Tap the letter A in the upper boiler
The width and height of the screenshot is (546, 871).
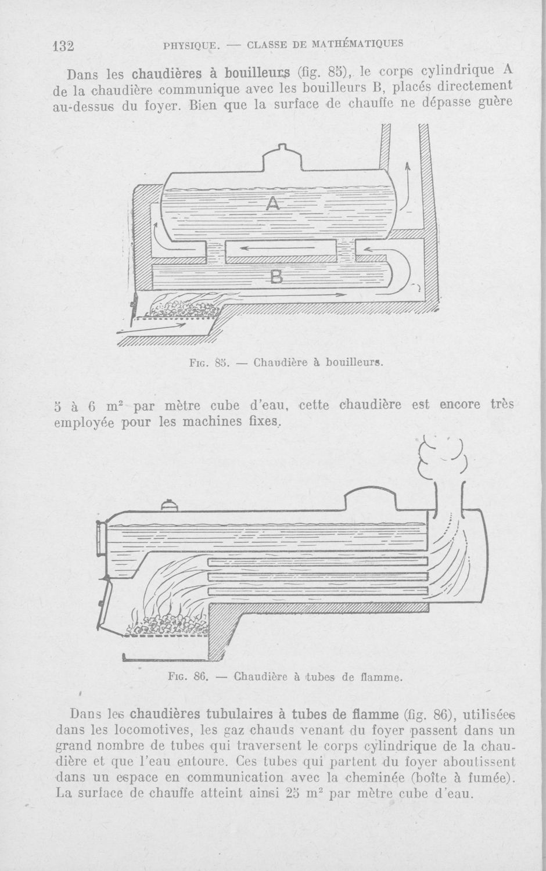click(x=273, y=203)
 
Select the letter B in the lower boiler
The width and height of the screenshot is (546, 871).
click(x=276, y=277)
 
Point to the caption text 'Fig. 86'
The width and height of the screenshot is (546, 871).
click(x=189, y=677)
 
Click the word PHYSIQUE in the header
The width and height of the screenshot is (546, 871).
click(x=192, y=46)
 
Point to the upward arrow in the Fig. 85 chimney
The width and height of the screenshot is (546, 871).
click(x=406, y=186)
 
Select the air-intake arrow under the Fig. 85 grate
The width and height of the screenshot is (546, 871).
click(x=152, y=329)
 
